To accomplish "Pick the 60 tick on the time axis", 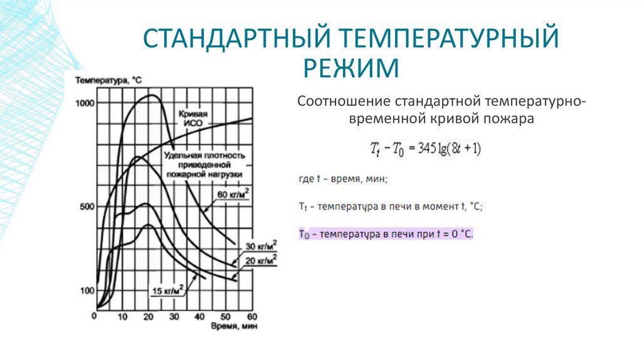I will [x=252, y=315].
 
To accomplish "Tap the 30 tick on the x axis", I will [x=174, y=315].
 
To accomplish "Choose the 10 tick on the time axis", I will [x=122, y=315].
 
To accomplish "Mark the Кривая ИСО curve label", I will [x=192, y=119].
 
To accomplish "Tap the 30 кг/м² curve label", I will [x=261, y=246].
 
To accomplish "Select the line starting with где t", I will [x=344, y=179].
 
